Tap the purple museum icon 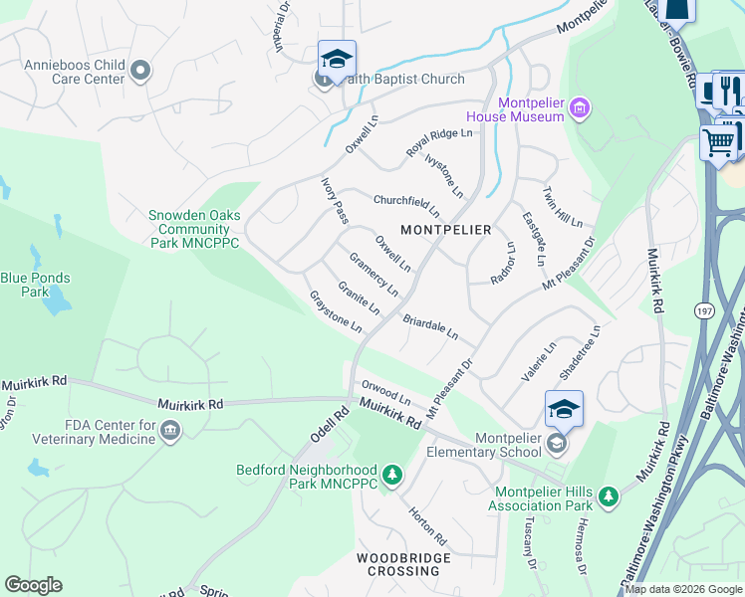(x=581, y=106)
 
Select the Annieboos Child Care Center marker (x=140, y=70)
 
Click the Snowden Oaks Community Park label (x=193, y=229)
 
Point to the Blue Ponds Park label (x=39, y=286)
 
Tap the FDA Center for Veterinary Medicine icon (x=170, y=430)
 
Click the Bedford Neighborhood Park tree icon (x=392, y=476)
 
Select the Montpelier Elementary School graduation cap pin (x=564, y=409)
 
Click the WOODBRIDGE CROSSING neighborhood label (x=404, y=564)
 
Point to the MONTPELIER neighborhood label (x=445, y=230)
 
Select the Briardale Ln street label (x=430, y=327)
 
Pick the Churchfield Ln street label (x=405, y=205)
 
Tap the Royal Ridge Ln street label (x=438, y=140)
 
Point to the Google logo (x=33, y=585)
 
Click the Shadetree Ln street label (x=581, y=351)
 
